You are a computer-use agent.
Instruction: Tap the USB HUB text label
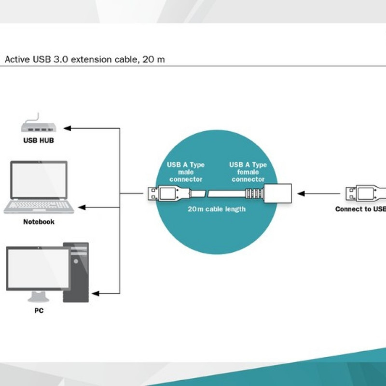click(x=39, y=141)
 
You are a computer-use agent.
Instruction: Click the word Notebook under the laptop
click(x=39, y=222)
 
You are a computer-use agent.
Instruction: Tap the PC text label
click(x=39, y=311)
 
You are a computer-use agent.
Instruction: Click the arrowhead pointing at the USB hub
click(x=68, y=128)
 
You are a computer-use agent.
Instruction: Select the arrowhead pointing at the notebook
click(x=82, y=207)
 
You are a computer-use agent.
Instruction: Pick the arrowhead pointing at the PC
click(x=95, y=293)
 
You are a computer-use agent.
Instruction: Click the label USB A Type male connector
click(x=186, y=172)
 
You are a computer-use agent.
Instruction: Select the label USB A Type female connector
click(x=248, y=172)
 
